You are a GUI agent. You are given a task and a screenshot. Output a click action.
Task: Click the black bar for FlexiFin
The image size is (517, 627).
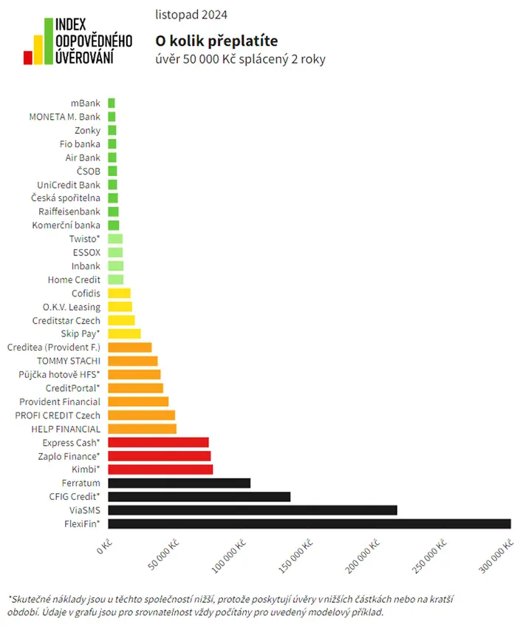click(x=309, y=523)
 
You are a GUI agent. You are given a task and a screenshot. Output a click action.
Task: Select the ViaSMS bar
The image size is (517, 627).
click(x=253, y=510)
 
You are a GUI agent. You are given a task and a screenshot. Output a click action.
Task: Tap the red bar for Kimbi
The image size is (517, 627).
click(x=160, y=470)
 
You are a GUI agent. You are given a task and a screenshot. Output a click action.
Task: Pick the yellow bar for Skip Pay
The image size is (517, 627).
click(x=124, y=333)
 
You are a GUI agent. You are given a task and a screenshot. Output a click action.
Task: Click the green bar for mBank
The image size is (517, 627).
click(x=112, y=104)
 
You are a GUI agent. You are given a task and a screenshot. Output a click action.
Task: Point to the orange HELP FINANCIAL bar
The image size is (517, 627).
click(x=143, y=429)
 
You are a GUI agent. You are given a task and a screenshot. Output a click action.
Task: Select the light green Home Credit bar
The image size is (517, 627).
click(x=115, y=279)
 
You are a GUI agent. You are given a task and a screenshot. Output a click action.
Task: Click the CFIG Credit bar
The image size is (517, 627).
click(x=199, y=497)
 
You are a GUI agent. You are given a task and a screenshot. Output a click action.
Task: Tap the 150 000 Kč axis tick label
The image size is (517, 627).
click(x=295, y=556)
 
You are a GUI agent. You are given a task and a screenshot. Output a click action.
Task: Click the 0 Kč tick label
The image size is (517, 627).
click(x=105, y=546)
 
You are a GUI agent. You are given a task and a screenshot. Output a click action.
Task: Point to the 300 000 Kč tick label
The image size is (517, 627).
click(x=496, y=556)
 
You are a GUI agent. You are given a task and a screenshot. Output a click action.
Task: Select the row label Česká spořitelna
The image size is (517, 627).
click(x=66, y=198)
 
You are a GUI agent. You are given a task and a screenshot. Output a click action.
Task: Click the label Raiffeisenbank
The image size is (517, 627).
click(x=69, y=211)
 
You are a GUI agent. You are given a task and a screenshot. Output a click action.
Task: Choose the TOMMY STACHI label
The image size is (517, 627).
click(x=69, y=361)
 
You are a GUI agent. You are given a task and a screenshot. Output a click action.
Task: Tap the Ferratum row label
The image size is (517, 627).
click(x=81, y=483)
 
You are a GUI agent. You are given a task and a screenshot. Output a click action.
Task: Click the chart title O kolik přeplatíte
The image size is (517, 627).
click(x=216, y=41)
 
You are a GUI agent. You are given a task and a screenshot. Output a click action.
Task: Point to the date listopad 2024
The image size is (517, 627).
click(x=191, y=15)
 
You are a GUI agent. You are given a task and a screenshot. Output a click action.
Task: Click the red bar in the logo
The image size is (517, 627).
click(x=27, y=58)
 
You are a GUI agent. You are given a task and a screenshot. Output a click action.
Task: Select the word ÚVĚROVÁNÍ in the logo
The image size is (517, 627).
click(x=84, y=57)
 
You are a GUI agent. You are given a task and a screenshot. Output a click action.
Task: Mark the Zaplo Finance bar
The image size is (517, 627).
click(x=159, y=456)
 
